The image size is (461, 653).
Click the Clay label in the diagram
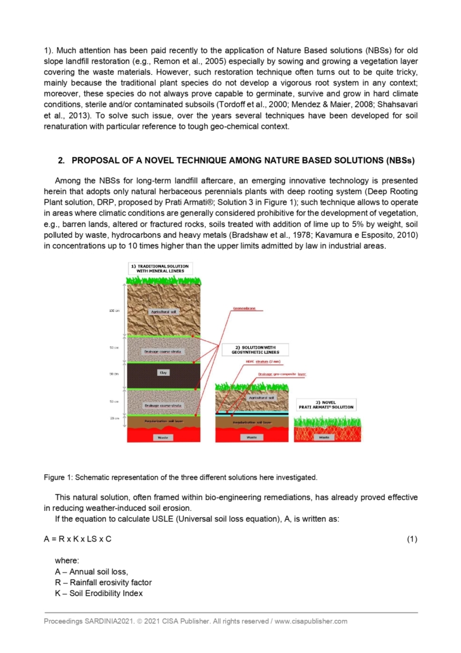[162, 373]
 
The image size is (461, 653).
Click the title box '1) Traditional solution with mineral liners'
[162, 267]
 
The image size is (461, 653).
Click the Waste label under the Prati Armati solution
[324, 437]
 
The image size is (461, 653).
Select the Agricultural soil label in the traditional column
[162, 312]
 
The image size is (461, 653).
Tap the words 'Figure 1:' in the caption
[58, 477]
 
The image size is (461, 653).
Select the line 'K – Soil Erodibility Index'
[99, 593]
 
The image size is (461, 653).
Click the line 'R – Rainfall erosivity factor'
[103, 582]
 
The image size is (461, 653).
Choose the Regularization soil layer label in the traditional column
[162, 421]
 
